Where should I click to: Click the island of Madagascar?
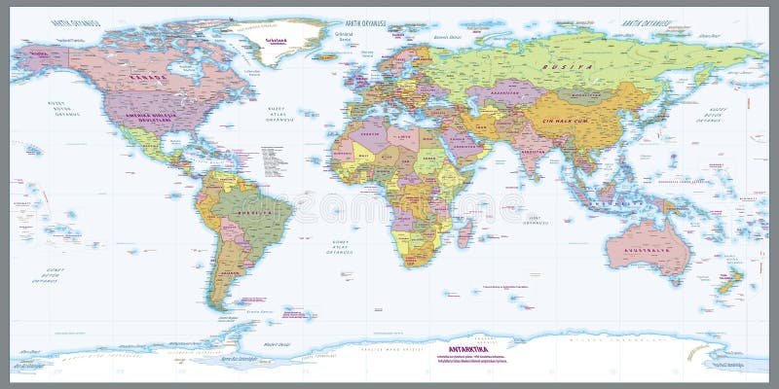[464, 233]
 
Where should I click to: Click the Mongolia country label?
[585, 95]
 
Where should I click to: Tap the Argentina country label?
[230, 273]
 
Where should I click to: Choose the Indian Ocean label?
[534, 220]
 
